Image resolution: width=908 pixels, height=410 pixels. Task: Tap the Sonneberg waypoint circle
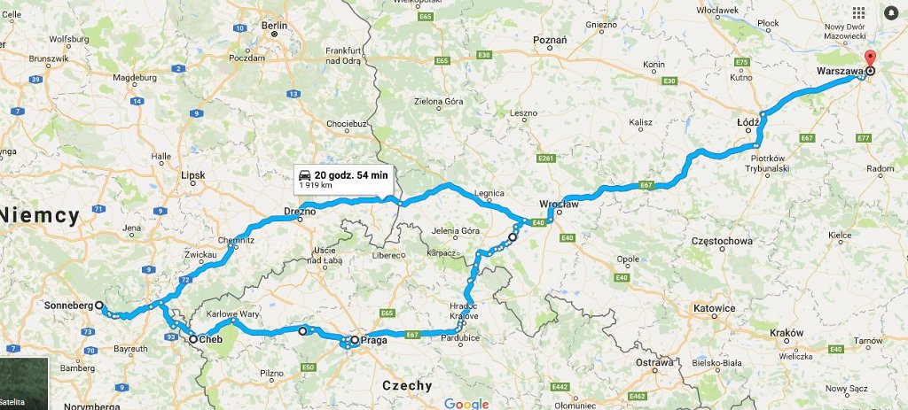[99, 306]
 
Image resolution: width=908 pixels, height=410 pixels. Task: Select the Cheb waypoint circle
[193, 338]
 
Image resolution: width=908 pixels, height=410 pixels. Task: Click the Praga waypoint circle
[355, 339]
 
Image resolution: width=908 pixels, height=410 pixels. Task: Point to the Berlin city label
[274, 26]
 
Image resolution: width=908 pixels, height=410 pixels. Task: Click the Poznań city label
[550, 41]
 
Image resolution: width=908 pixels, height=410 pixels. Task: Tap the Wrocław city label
[560, 204]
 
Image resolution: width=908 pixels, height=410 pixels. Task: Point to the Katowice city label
[714, 308]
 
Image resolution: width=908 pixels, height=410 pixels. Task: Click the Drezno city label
[300, 212]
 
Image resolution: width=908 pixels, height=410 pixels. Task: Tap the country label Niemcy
[41, 213]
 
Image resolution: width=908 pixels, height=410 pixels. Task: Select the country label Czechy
[406, 385]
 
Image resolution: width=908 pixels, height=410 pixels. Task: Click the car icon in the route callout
[304, 174]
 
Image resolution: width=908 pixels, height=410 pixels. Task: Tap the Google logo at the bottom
[466, 404]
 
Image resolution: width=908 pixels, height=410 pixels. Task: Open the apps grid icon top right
[858, 13]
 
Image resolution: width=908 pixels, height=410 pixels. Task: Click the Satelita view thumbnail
[23, 383]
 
